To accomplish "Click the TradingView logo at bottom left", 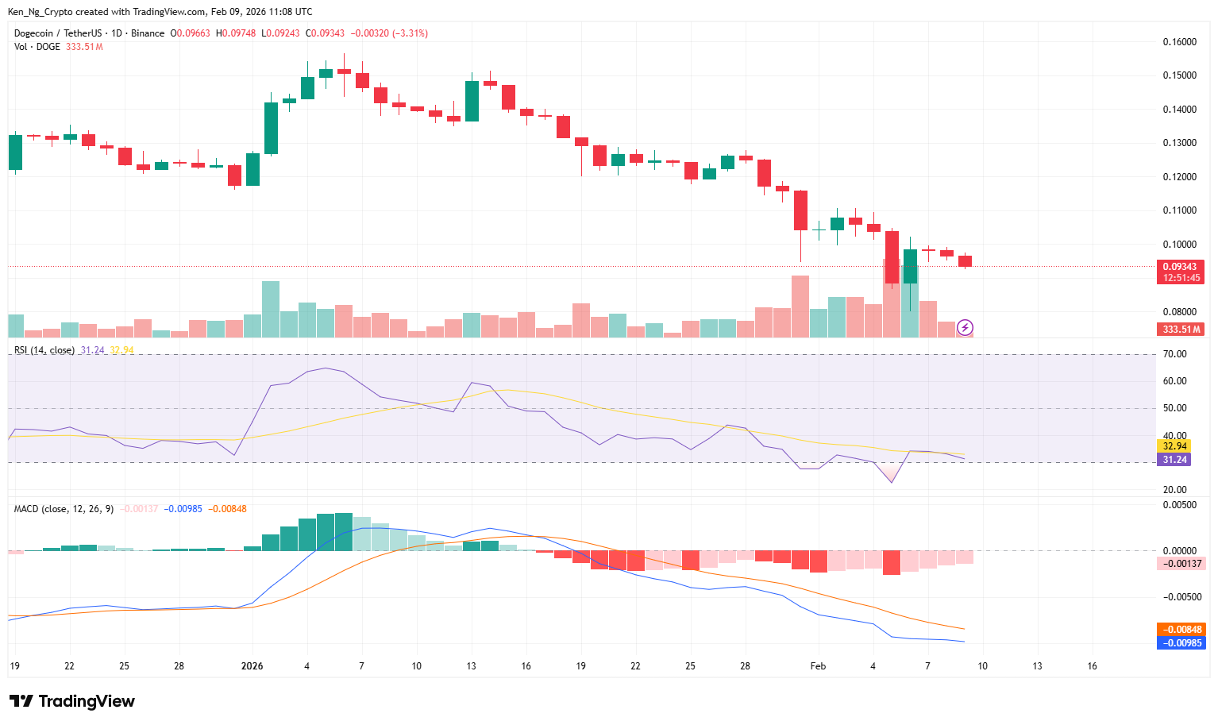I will [71, 701].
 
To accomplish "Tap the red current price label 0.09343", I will [1180, 267].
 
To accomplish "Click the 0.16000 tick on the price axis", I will [1179, 42].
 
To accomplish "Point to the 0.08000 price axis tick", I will [1179, 312].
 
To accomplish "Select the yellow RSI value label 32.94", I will [1175, 446].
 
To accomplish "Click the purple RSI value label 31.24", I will [1175, 460].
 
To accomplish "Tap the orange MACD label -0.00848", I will [1181, 630].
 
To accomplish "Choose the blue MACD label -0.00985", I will [1181, 643].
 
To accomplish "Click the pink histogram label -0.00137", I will [1181, 563].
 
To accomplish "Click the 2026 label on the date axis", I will [252, 666].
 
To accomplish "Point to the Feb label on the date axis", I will [818, 666].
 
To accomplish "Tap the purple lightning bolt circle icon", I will [965, 327].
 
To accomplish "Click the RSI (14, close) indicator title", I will [44, 350].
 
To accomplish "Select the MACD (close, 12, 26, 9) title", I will [64, 508].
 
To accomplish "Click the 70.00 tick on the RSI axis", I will [1175, 354].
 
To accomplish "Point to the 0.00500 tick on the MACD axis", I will [1179, 505].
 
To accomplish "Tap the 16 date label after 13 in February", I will [1092, 666].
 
